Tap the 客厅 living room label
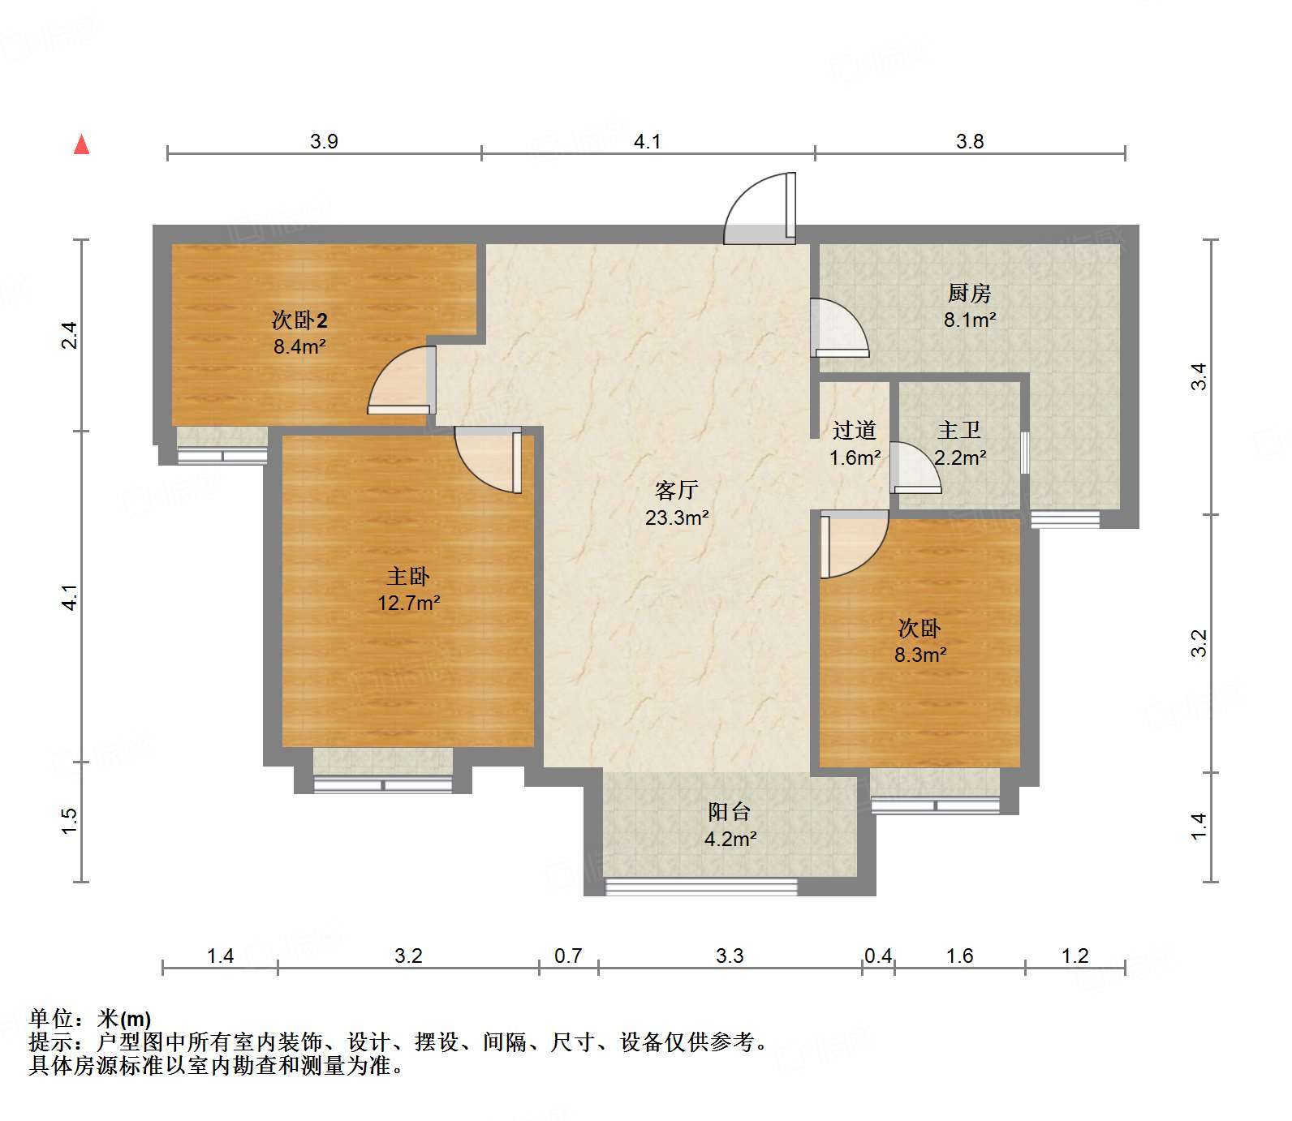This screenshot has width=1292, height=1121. [x=677, y=490]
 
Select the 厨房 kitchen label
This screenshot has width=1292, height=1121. [x=970, y=293]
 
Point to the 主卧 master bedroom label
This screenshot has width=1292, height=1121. [x=408, y=577]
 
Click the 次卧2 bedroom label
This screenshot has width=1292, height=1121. [x=299, y=320]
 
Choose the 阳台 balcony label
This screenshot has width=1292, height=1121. [x=730, y=812]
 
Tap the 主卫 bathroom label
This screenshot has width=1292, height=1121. [x=959, y=430]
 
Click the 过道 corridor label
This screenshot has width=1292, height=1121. [x=855, y=430]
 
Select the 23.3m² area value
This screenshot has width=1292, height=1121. [x=678, y=518]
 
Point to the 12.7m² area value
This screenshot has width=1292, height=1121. [x=409, y=603]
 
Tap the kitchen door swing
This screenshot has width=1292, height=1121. [x=840, y=329]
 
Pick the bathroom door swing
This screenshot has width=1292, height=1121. [x=915, y=467]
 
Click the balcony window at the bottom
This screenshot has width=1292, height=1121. [x=701, y=887]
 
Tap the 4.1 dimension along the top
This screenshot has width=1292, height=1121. [x=648, y=142]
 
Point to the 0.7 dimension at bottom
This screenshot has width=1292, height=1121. [x=568, y=956]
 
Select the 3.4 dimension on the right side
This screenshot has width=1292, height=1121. [x=1199, y=377]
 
